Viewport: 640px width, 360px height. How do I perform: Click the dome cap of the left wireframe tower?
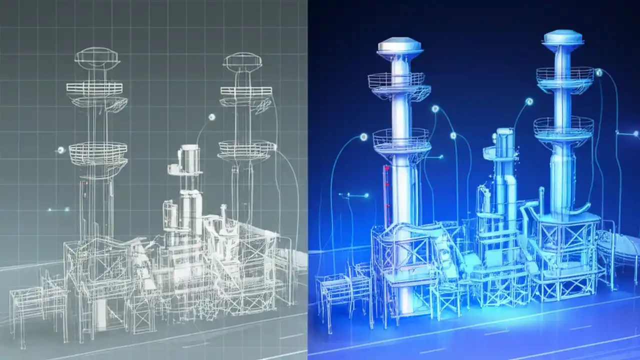coord(96,55)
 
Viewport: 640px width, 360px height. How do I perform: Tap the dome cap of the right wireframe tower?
coord(242,61)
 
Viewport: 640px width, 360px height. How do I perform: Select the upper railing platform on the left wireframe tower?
coord(94,89)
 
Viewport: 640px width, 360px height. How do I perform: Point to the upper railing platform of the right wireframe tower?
coord(246,91)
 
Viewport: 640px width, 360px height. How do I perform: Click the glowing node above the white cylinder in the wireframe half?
coord(211,117)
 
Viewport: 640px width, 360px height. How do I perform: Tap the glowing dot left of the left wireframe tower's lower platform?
coord(60,149)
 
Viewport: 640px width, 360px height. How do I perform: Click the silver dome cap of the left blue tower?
coord(399,45)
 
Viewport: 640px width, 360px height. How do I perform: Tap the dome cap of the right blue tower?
coord(563,37)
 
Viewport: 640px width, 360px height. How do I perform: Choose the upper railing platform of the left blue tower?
coord(396,81)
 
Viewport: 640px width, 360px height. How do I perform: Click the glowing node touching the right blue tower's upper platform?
coord(598,73)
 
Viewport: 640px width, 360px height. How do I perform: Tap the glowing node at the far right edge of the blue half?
coord(635,133)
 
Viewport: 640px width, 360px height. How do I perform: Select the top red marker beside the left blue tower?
coord(386,169)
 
